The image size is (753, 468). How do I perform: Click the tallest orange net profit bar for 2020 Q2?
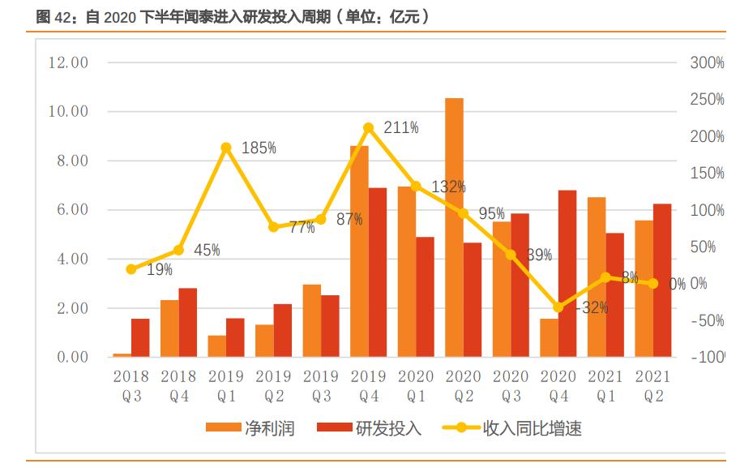pyautogui.click(x=454, y=227)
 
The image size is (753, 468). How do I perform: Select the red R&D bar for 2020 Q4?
pyautogui.click(x=567, y=273)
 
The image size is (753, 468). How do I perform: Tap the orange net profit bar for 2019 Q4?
pyautogui.click(x=359, y=251)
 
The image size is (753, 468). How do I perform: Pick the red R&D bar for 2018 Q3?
pyautogui.click(x=140, y=337)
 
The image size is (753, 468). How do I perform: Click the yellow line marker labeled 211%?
pyautogui.click(x=369, y=128)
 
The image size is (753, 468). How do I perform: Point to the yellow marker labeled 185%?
pyautogui.click(x=226, y=148)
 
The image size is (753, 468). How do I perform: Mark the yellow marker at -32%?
pyautogui.click(x=558, y=307)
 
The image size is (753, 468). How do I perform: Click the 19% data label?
pyautogui.click(x=159, y=270)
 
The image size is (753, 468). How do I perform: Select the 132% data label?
pyautogui.click(x=448, y=187)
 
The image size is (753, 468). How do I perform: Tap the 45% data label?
pyautogui.click(x=207, y=251)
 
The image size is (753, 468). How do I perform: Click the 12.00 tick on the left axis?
pyautogui.click(x=68, y=62)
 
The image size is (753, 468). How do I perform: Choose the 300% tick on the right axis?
pyautogui.click(x=707, y=63)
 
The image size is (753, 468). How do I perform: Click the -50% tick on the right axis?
pyautogui.click(x=707, y=321)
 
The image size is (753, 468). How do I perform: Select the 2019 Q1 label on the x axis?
pyautogui.click(x=226, y=386)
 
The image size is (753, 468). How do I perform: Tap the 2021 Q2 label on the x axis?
pyautogui.click(x=653, y=386)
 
